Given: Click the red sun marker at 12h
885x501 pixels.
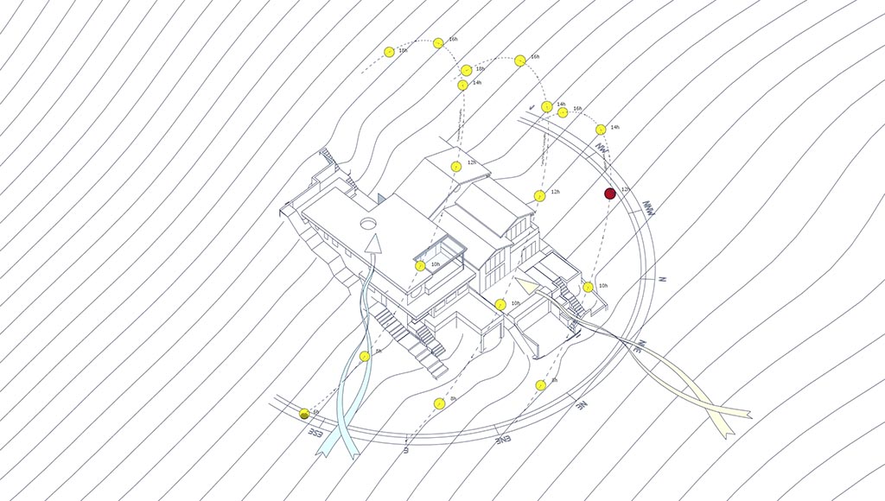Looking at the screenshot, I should [609, 194].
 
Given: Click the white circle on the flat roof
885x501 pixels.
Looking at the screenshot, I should [368, 224].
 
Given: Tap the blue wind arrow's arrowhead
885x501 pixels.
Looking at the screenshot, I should [372, 245].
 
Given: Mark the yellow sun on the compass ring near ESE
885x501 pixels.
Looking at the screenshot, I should [304, 415].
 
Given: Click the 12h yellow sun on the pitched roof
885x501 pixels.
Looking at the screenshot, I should [455, 166].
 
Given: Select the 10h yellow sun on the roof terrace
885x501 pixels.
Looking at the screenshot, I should [420, 266].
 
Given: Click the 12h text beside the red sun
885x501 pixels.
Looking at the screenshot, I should [625, 189].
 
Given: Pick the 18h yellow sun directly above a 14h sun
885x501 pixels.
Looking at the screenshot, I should [467, 70].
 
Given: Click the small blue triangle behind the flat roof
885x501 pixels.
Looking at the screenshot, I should [380, 199].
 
